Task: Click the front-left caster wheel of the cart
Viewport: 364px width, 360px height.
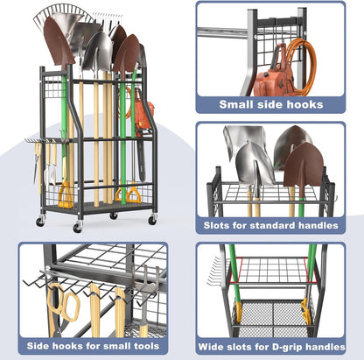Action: point(78,227)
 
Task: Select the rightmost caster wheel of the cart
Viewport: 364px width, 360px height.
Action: point(152,220)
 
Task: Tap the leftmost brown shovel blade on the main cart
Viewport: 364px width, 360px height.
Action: point(58,44)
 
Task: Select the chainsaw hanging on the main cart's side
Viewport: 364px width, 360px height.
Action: point(143,129)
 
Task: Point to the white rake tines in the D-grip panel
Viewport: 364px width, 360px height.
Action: point(214,272)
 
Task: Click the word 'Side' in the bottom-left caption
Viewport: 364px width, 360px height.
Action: point(38,346)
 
